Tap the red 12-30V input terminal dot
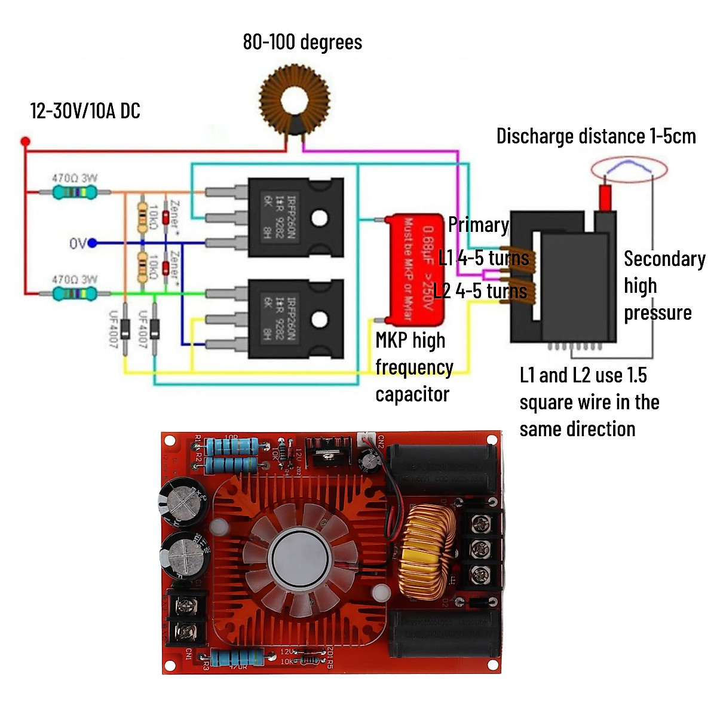pos(25,142)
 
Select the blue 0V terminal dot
pos(93,243)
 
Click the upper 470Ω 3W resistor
pos(75,192)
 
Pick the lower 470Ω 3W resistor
pos(75,293)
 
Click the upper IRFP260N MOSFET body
pos(295,217)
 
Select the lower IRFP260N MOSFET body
pos(295,318)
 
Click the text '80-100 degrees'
pos(302,42)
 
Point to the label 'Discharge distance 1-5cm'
pos(596,136)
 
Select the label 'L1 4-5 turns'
pos(483,258)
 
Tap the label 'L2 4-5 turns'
pos(480,292)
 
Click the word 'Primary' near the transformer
pos(478,225)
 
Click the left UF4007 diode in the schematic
pos(125,329)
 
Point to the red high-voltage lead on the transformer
pos(605,197)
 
